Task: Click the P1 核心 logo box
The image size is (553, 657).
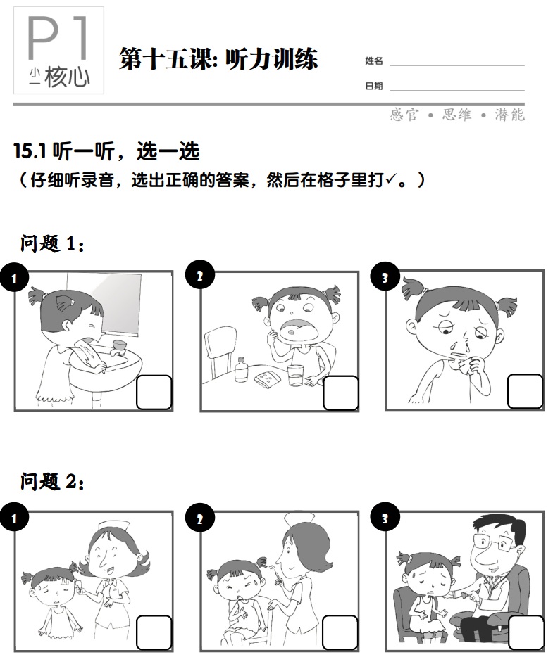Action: pyautogui.click(x=58, y=51)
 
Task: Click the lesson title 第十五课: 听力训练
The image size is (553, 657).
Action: pyautogui.click(x=218, y=59)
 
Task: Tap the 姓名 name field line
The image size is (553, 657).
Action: pyautogui.click(x=456, y=63)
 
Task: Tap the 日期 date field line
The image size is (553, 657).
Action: pyautogui.click(x=456, y=89)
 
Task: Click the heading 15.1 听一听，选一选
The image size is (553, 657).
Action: pyautogui.click(x=106, y=151)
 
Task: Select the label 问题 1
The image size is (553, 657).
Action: pyautogui.click(x=53, y=244)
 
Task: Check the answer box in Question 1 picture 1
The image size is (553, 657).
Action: pyautogui.click(x=154, y=393)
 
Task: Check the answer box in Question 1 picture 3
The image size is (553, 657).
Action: pyautogui.click(x=526, y=392)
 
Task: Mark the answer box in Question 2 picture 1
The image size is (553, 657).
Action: pyautogui.click(x=154, y=632)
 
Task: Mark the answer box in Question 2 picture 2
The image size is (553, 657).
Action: pyautogui.click(x=341, y=632)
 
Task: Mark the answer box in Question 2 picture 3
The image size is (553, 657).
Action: pyautogui.click(x=526, y=632)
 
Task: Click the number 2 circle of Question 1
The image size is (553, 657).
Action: pyautogui.click(x=199, y=276)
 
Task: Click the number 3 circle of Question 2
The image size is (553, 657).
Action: pyautogui.click(x=385, y=519)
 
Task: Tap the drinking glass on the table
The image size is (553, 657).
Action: pyautogui.click(x=294, y=375)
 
